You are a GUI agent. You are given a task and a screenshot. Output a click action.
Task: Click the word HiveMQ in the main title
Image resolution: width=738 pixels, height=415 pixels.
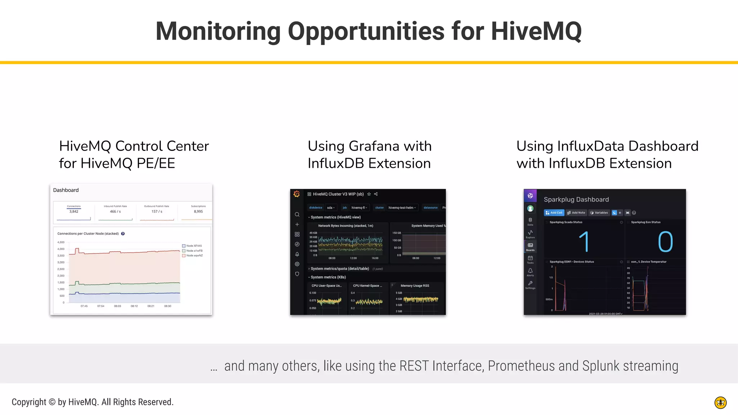point(536,31)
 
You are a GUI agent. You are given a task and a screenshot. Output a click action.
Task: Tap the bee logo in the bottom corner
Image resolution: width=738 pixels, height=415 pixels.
point(720,402)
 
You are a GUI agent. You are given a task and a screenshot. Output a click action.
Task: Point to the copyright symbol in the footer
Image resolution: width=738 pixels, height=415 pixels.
point(52,402)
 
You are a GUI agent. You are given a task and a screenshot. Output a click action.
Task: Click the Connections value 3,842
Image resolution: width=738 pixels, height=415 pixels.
point(74,211)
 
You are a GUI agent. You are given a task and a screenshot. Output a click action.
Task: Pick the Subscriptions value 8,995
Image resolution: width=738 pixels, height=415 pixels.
point(198,211)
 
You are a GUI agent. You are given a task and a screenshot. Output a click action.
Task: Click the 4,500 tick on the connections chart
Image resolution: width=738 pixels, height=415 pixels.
point(61,242)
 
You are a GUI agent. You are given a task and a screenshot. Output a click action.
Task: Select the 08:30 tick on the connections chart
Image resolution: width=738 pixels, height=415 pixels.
point(168,306)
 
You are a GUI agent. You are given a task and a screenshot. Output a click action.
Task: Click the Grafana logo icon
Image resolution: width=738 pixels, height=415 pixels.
point(297,194)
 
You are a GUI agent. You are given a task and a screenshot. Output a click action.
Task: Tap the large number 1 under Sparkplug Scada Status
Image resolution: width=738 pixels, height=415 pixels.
point(584,242)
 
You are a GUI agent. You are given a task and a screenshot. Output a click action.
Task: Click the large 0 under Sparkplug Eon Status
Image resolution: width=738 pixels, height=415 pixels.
point(665,242)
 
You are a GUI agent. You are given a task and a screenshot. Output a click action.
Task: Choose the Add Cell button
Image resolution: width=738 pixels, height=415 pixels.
point(554,213)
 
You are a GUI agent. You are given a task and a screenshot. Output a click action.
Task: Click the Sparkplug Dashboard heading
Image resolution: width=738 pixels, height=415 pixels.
point(576,200)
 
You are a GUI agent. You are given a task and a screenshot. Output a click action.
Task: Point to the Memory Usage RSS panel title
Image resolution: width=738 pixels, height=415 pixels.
point(415,286)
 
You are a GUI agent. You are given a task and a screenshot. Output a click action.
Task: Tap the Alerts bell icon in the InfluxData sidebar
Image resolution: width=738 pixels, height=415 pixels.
point(530,271)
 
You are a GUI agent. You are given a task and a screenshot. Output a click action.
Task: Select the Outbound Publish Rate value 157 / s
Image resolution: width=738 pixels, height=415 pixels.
point(157,211)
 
